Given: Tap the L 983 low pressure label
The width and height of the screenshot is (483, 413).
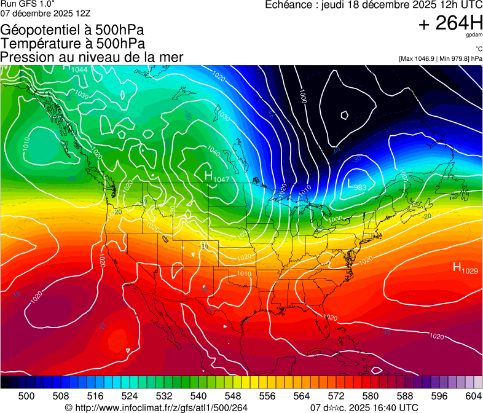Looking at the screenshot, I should tap(358, 184).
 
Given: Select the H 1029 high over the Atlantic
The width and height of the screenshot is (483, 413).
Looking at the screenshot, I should tap(465, 268).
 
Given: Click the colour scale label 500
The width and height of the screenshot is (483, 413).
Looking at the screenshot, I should tap(26, 396).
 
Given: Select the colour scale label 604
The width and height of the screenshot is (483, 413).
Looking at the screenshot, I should tap(473, 396).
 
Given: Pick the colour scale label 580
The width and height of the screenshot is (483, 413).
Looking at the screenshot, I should tap(371, 396).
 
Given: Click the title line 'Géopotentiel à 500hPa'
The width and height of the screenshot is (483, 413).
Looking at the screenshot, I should tap(73, 30).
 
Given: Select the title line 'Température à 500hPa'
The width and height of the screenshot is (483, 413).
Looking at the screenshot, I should tap(73, 44).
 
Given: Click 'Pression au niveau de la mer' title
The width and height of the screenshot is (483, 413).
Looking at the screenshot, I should tap(92, 57).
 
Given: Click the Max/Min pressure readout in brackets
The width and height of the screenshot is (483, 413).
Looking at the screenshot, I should tap(440, 58).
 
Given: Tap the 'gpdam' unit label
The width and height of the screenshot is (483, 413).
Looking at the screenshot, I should tap(474, 37).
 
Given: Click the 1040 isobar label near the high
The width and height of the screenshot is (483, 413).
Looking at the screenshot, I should tap(214, 151).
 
